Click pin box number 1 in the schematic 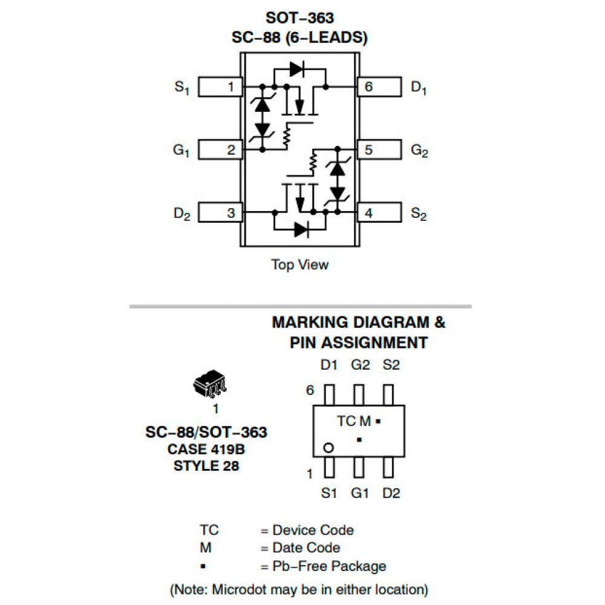pos(221,87)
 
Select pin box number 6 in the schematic pos(379,87)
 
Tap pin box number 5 pos(379,150)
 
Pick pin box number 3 pos(221,213)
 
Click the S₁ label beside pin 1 pos(181,87)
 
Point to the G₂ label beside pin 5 pos(419,151)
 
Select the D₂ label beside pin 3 pos(181,214)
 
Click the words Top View pos(300,264)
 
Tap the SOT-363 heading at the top pos(299,18)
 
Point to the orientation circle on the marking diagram pos(329,448)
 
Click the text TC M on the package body pos(354,421)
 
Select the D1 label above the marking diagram pos(329,365)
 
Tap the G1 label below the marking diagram pos(360,493)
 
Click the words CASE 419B pos(206,450)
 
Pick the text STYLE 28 pos(206,466)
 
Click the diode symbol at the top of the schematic pos(296,69)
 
